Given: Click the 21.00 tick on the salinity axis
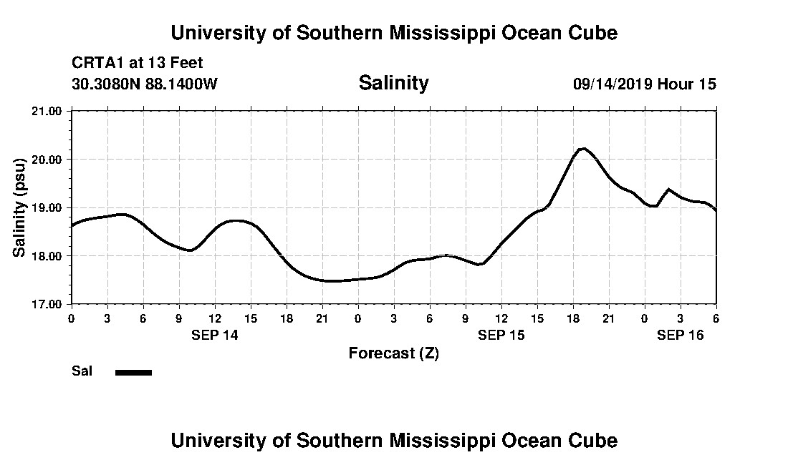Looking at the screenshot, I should click(47, 111).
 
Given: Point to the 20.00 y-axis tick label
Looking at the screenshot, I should click(47, 159).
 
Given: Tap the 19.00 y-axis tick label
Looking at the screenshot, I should click(47, 207).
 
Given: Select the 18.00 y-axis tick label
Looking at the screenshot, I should click(47, 255).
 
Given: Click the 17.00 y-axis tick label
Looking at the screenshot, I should click(47, 304).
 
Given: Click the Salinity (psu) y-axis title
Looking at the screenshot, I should click(20, 207).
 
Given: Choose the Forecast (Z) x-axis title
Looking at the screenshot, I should click(393, 353).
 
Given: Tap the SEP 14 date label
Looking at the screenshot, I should click(214, 334).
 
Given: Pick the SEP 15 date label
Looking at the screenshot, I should click(501, 334).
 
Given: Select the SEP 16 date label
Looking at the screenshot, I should click(681, 334).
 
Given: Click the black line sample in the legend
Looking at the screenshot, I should click(133, 372).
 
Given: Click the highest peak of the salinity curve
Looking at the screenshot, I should click(583, 148).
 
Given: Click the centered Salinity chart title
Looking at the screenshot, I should click(393, 83).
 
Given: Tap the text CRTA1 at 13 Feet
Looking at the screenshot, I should click(137, 63).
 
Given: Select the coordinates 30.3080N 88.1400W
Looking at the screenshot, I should click(145, 84).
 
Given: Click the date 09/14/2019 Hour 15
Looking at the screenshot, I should click(644, 84).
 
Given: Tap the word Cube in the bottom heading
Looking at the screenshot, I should click(596, 440).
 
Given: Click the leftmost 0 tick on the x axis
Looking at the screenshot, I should click(71, 318).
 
